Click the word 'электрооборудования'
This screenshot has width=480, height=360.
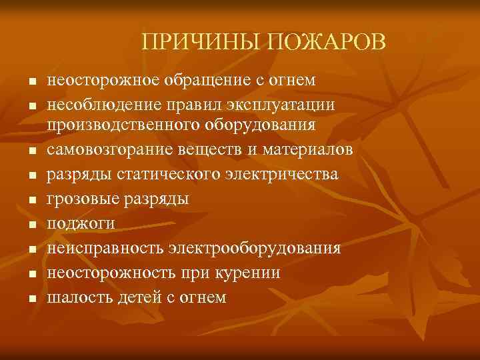tap(265, 249)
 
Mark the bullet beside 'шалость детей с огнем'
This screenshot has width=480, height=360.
tap(31, 299)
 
